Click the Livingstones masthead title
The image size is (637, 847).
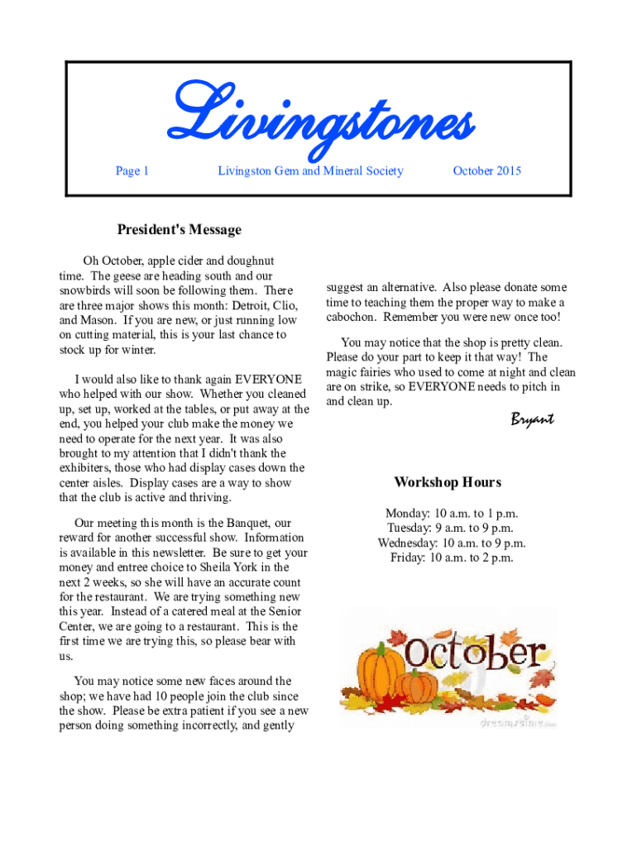[321, 122]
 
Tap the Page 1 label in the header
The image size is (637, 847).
[132, 171]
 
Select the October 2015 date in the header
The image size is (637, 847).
[487, 171]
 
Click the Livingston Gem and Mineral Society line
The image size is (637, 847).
[310, 171]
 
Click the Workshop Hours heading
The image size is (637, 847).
[448, 482]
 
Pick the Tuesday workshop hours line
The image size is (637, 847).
[450, 529]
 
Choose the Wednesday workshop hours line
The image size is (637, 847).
[452, 543]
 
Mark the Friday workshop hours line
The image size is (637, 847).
[452, 558]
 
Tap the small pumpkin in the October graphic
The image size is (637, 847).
[415, 687]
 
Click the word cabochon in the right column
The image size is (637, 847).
[352, 318]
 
